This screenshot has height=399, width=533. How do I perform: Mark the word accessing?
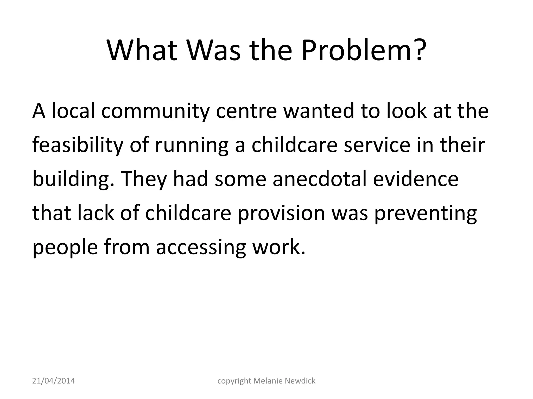point(201,248)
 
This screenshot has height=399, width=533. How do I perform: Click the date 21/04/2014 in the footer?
point(54,381)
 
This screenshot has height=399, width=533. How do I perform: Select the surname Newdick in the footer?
point(300,381)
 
